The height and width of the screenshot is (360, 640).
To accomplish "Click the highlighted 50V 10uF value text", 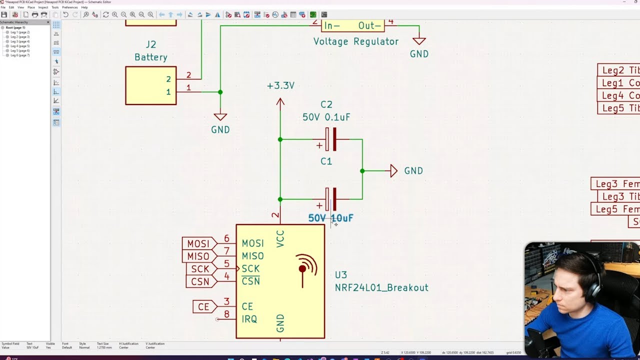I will coord(330,218).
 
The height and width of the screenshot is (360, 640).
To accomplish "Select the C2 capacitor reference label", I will coord(326,104).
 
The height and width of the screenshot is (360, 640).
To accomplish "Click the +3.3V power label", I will coord(280,85).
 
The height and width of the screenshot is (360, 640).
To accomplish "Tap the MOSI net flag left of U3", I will coord(198,243).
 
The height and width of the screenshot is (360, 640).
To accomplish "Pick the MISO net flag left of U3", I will coord(198,256).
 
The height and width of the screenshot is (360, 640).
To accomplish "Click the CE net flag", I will coord(203,306).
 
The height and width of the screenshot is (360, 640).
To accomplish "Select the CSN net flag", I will coord(200,281).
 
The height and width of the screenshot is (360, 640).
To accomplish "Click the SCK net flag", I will coord(200,269).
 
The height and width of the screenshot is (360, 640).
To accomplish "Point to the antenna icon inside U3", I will coord(304,269).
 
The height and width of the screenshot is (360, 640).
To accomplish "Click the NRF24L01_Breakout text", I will coord(381,287).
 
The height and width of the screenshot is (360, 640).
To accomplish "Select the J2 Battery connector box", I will coord(150,85).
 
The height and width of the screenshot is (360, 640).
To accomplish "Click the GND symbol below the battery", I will coord(220,118).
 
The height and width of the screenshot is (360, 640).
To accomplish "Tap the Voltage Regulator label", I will coord(355,41).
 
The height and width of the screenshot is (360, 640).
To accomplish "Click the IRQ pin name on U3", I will coord(249,319).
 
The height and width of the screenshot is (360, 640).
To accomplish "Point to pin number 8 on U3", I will coord(227,314).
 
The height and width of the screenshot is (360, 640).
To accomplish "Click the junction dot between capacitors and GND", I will coord(362,171).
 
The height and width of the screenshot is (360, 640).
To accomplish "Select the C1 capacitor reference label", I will coord(326,161).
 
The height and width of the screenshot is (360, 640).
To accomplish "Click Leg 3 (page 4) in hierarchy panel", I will coord(20,41).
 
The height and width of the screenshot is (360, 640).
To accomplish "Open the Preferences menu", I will coord(69,7).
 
